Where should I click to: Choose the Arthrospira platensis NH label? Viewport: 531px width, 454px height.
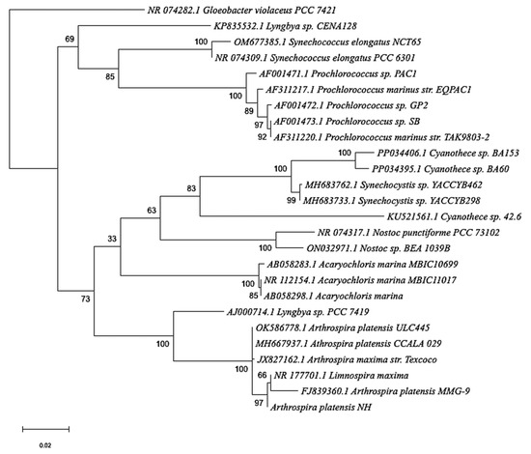[x=321, y=408]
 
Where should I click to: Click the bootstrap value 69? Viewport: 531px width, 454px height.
[x=70, y=39]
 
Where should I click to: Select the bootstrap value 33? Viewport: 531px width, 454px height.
[x=112, y=239]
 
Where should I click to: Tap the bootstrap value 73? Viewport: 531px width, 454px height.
[x=85, y=298]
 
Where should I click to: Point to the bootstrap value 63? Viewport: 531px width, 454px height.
[x=152, y=211]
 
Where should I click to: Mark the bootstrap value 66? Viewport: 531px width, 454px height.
[x=263, y=375]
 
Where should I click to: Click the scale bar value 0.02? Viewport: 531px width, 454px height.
[x=45, y=445]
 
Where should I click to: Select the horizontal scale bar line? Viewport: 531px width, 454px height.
[x=45, y=429]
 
